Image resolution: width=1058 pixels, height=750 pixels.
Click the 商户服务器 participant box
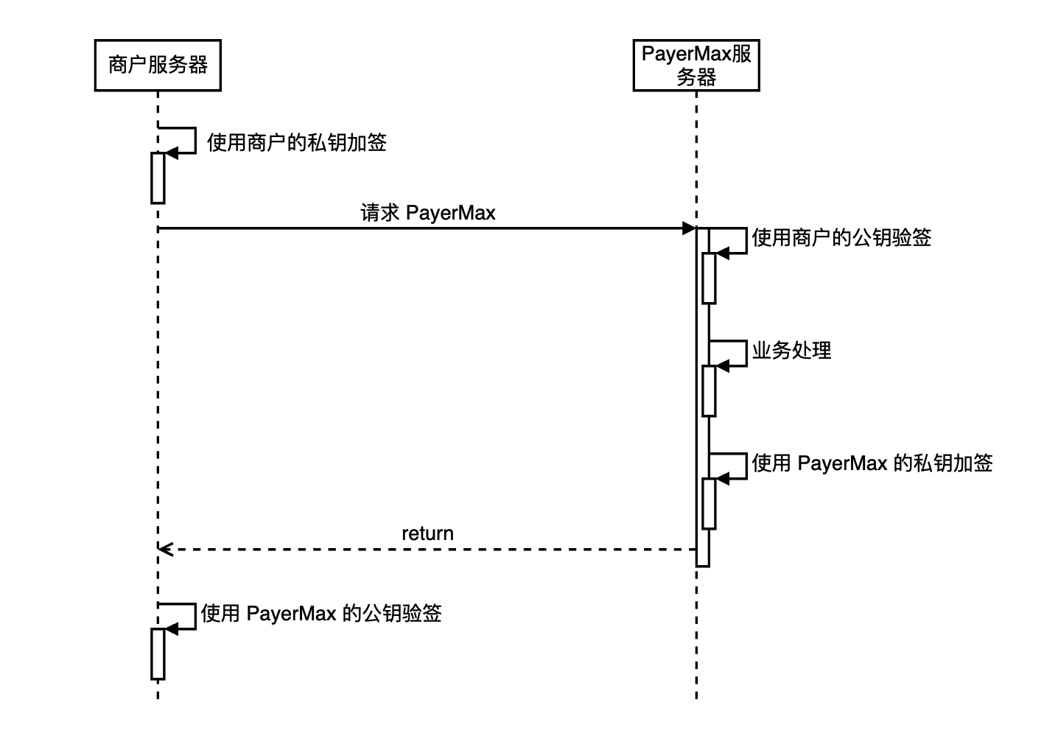[x=158, y=65]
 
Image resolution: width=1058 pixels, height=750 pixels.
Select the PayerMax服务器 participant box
[x=696, y=65]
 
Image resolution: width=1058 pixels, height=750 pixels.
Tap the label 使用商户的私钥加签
[x=297, y=143]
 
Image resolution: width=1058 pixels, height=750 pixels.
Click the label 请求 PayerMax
[x=428, y=212]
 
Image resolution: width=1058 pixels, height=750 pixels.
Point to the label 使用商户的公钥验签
[x=841, y=237]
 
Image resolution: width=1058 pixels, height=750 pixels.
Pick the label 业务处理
[x=791, y=351]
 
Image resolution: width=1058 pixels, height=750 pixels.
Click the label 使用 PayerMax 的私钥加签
[x=872, y=463]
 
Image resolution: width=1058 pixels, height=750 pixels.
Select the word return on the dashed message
[x=427, y=533]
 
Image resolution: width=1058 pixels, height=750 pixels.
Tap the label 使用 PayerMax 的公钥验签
[x=321, y=614]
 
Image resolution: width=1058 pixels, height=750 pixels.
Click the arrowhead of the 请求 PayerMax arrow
[x=689, y=228]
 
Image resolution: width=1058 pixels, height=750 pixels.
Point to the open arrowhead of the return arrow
[x=165, y=550]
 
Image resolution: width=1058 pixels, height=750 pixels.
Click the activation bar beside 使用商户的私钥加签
[x=158, y=178]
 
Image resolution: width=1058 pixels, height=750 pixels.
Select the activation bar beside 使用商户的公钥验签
[x=709, y=278]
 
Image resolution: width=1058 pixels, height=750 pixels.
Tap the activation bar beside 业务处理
[x=709, y=391]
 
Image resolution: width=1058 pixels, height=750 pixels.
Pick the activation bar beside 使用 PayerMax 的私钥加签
[x=709, y=503]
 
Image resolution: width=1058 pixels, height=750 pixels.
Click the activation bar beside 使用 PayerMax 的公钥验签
[x=158, y=654]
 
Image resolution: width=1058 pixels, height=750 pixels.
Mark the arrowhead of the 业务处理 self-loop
[x=723, y=366]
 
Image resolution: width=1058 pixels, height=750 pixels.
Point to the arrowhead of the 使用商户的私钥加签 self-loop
[x=172, y=153]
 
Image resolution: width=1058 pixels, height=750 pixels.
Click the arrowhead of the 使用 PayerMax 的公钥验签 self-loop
[x=172, y=629]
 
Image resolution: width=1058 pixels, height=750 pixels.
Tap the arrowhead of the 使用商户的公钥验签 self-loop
[x=723, y=253]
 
